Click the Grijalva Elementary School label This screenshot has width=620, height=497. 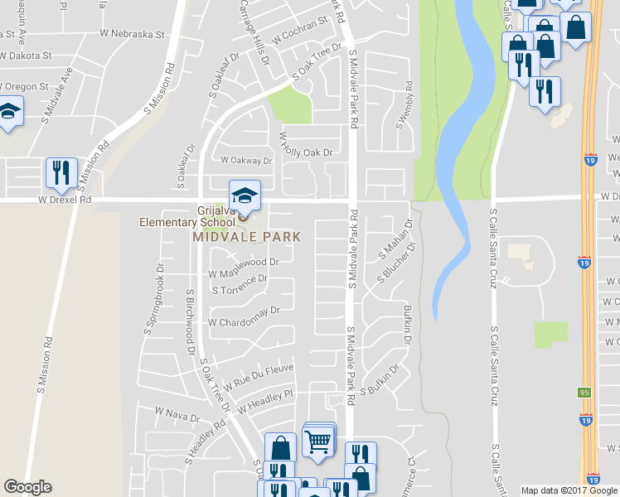(x=187, y=216)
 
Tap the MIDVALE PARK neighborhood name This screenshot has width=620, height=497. (x=246, y=237)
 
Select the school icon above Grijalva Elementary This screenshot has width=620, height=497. (x=245, y=196)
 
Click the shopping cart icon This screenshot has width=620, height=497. (x=317, y=442)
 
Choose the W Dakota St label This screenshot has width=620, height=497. (x=26, y=55)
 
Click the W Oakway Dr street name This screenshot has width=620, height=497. (x=245, y=161)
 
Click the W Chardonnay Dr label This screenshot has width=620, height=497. (x=245, y=316)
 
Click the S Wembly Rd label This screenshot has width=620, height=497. (x=404, y=104)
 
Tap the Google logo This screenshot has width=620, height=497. (x=27, y=487)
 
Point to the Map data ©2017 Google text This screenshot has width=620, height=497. (x=569, y=490)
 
